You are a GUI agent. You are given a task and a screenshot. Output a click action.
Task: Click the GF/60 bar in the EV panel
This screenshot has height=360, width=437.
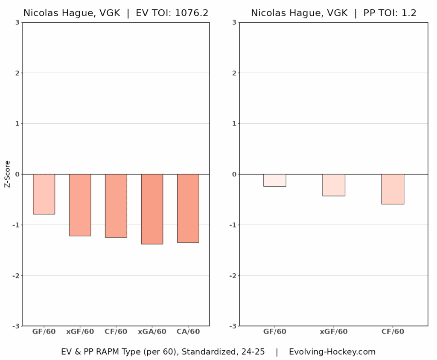tap(44, 194)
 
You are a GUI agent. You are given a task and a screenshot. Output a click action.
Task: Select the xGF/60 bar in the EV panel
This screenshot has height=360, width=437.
tap(80, 205)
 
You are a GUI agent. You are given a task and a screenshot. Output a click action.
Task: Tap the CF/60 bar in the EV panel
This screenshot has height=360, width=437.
tap(116, 205)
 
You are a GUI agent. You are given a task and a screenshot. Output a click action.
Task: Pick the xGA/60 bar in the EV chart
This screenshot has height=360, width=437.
tap(152, 209)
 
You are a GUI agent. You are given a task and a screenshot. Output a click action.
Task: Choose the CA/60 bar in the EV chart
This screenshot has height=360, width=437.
tap(188, 208)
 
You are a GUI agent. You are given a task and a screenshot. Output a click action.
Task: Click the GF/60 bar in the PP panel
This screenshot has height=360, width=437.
tap(274, 180)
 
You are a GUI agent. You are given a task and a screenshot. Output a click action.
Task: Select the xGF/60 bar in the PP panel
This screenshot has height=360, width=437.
tap(333, 185)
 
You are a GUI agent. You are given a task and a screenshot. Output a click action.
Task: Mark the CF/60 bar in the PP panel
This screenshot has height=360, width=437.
tap(393, 189)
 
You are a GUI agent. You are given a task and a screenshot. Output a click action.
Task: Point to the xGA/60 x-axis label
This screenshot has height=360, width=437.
tap(152, 331)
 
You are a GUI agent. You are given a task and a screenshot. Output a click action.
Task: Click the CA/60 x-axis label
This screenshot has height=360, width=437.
tap(188, 331)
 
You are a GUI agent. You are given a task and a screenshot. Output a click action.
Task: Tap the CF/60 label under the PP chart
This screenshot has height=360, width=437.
tap(393, 331)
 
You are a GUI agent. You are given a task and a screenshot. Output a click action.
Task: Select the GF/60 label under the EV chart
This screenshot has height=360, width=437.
tap(44, 331)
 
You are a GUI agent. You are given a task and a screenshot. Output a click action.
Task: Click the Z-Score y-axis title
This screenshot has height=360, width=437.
tap(7, 174)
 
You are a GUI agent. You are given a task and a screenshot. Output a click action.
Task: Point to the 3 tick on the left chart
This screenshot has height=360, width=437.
tap(17, 22)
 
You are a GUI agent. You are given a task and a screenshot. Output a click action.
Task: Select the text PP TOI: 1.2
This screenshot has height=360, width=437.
tap(389, 13)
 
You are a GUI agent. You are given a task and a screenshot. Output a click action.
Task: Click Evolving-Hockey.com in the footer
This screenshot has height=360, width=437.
tap(332, 352)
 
